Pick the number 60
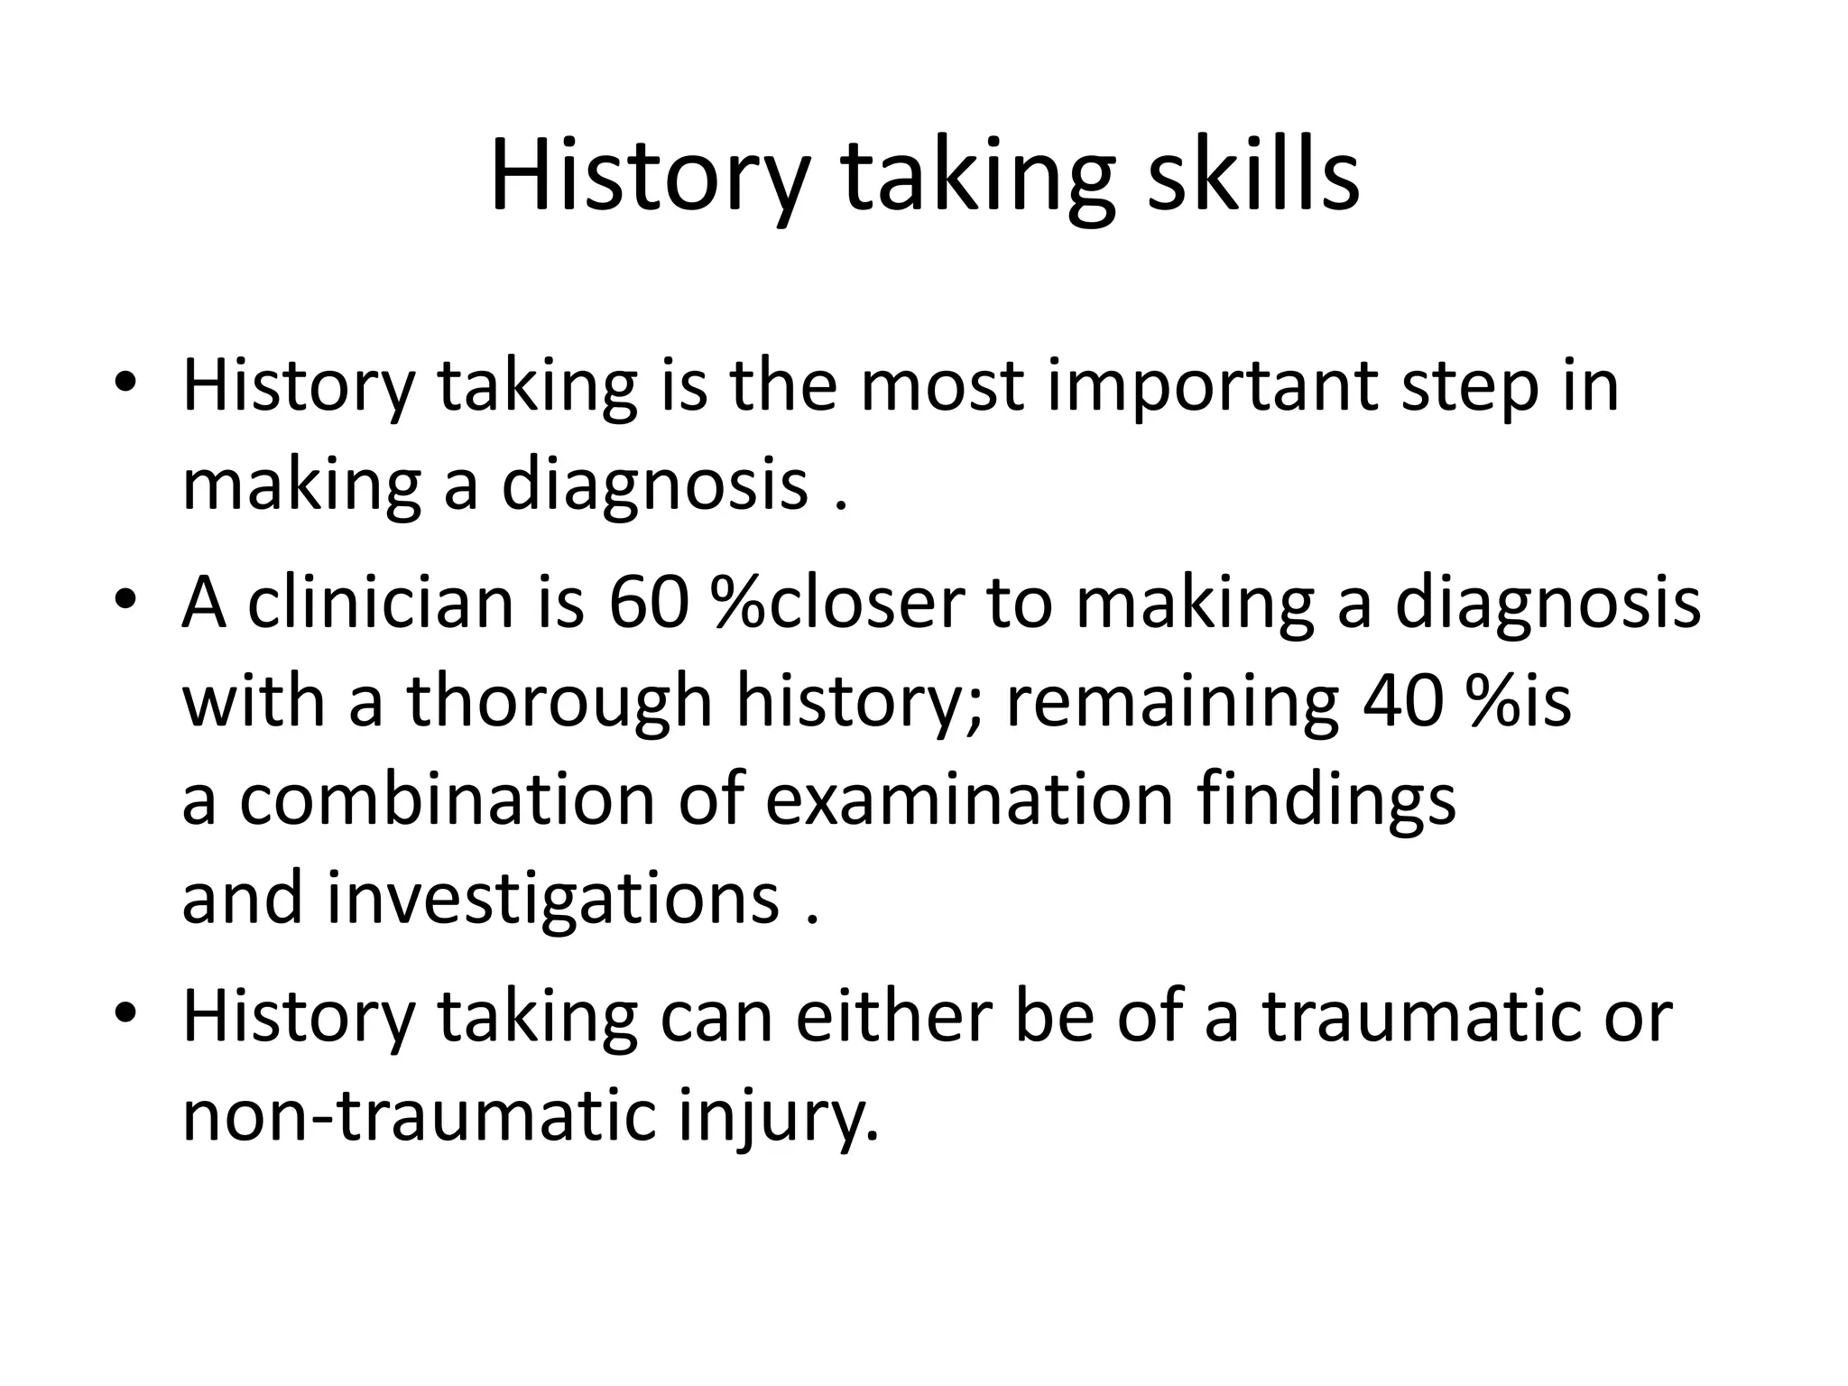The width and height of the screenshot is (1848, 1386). pyautogui.click(x=643, y=603)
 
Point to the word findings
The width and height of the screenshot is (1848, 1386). pyautogui.click(x=1326, y=799)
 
